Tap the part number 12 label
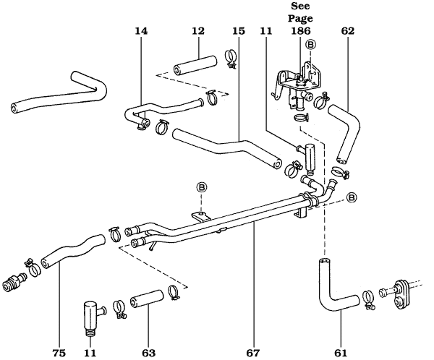[x=197, y=32]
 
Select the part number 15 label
[x=239, y=32]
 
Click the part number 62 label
[x=349, y=32]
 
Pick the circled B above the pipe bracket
[x=202, y=187]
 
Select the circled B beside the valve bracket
[x=310, y=45]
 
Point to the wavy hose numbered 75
[x=72, y=249]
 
